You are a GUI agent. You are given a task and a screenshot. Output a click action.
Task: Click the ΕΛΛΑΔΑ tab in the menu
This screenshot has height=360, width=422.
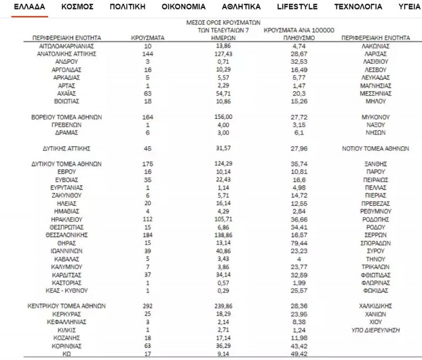30,7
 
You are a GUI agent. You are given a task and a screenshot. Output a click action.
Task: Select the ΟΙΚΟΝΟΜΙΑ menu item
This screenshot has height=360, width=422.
184,7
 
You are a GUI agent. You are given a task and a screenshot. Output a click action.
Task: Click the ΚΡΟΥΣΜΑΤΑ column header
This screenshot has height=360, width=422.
148,38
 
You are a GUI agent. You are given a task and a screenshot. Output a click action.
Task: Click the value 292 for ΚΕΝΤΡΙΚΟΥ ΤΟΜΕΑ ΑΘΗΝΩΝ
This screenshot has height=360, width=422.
148,306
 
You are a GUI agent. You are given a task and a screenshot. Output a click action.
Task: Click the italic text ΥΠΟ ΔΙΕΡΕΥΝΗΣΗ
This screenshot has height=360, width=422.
376,329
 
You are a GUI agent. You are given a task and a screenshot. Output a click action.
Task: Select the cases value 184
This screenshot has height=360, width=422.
148,234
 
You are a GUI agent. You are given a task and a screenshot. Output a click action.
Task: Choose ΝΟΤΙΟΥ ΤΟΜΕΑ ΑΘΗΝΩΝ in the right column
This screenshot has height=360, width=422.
376,148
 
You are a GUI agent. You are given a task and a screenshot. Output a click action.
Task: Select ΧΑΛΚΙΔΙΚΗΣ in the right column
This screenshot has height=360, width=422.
376,306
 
